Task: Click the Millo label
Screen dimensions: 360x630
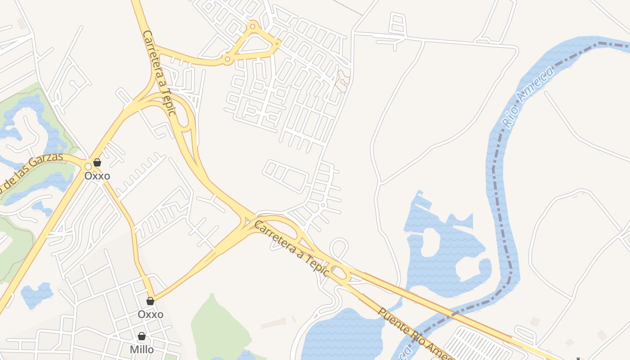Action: click(x=142, y=350)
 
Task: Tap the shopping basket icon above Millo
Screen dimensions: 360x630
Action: click(x=142, y=336)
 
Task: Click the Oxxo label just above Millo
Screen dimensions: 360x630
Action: click(x=151, y=314)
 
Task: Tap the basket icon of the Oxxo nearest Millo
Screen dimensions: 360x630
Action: click(x=150, y=301)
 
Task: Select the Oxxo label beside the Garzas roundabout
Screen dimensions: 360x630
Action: click(x=97, y=176)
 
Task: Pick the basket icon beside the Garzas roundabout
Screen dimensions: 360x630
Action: click(x=97, y=162)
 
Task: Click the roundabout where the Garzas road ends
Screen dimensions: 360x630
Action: click(x=88, y=166)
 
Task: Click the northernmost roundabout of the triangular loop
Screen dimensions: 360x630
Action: click(x=253, y=27)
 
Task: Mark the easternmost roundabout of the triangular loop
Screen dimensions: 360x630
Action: click(x=278, y=44)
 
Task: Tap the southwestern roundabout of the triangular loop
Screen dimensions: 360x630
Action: click(x=228, y=59)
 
